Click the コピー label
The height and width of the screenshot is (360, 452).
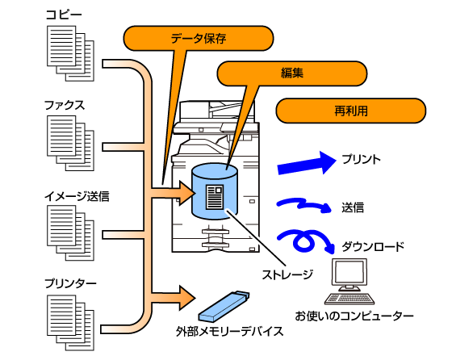[x=64, y=15]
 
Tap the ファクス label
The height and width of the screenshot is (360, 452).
[x=65, y=105]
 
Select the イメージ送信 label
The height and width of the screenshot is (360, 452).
[x=77, y=196]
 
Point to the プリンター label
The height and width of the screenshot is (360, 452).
[x=70, y=283]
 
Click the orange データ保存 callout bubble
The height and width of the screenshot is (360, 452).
[x=199, y=38]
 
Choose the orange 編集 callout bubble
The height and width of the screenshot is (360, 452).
[x=291, y=73]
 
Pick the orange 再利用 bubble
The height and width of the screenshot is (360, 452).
[x=351, y=111]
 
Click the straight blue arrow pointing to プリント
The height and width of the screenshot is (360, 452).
[x=307, y=163]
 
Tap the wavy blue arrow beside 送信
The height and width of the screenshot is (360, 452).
[x=304, y=205]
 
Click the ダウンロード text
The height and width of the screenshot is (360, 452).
[x=373, y=247]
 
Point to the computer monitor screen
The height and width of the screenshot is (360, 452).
[x=349, y=272]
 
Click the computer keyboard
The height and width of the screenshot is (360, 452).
[x=349, y=299]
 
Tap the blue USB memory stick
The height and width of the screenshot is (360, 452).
[x=224, y=306]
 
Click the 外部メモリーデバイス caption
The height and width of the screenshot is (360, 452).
[x=230, y=332]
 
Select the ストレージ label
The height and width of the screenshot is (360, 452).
[x=287, y=274]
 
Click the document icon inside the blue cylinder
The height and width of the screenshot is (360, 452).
[x=215, y=197]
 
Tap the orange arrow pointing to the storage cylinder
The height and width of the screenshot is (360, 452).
[x=173, y=193]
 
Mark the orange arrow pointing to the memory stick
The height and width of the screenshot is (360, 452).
[x=173, y=298]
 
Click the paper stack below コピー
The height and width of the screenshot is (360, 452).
[x=71, y=53]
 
